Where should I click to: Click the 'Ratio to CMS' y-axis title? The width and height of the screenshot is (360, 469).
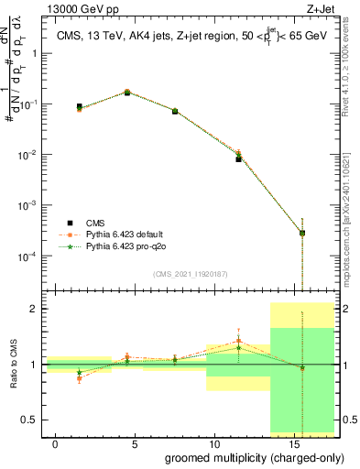[12, 365]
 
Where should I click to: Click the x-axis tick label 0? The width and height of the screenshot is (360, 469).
[56, 443]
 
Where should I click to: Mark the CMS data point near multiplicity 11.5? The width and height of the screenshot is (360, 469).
[238, 158]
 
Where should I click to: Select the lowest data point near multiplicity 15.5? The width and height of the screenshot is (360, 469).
[302, 233]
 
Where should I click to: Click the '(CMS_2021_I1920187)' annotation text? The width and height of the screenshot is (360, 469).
[190, 273]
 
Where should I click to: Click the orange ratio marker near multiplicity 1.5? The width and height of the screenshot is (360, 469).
[80, 378]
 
